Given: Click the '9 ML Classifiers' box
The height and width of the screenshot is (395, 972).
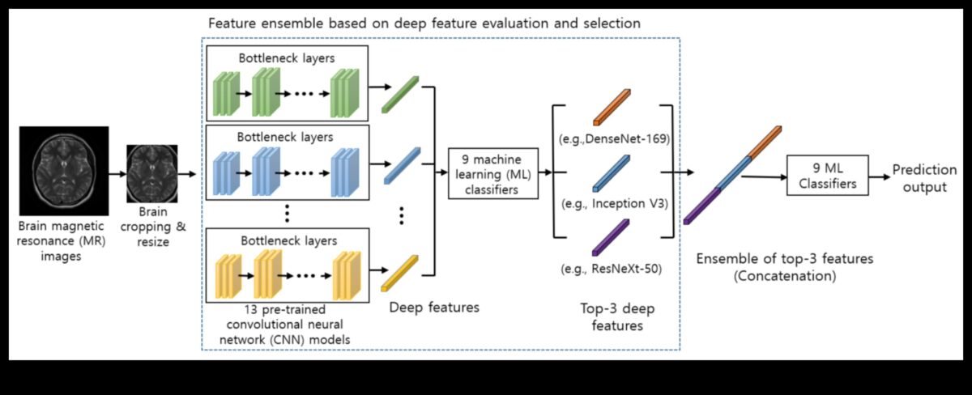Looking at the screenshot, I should coord(827,175).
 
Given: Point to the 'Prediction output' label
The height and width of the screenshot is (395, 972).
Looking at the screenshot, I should coord(919,179).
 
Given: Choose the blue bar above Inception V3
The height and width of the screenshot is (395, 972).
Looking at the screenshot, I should coord(612,171).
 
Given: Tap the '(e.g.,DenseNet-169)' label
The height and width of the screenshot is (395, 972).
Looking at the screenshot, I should coord(612,139).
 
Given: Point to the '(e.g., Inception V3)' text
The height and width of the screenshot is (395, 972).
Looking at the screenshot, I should coord(613,204).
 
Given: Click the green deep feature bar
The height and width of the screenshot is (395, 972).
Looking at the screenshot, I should coord(399,92).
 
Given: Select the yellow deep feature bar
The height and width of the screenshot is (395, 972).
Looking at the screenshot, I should coord(399,271).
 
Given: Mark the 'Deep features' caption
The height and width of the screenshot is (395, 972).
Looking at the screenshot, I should coord(434,308).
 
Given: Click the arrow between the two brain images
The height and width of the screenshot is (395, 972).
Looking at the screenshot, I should coord(117,173).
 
